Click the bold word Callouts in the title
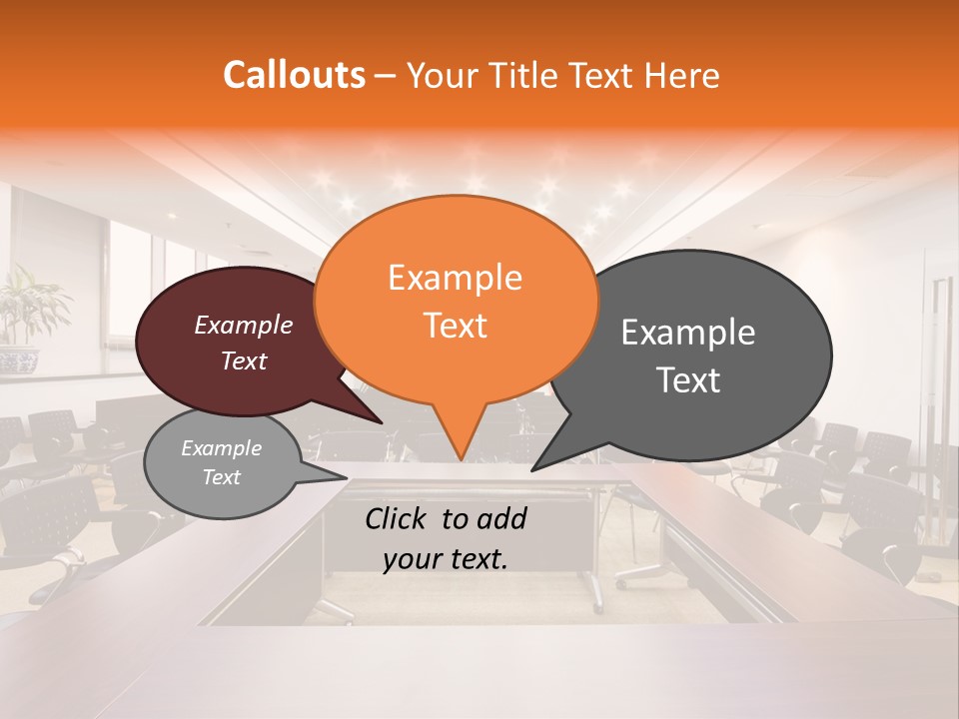[294, 75]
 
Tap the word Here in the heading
[682, 75]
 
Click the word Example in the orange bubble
[455, 278]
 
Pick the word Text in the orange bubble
[455, 326]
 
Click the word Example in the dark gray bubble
[688, 333]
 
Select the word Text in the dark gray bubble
[688, 380]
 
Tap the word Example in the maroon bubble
[243, 325]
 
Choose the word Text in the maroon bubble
[243, 360]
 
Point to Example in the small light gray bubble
[221, 448]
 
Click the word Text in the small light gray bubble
[221, 477]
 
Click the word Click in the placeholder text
[399, 518]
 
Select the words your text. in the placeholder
[446, 559]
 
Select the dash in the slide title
[386, 76]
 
